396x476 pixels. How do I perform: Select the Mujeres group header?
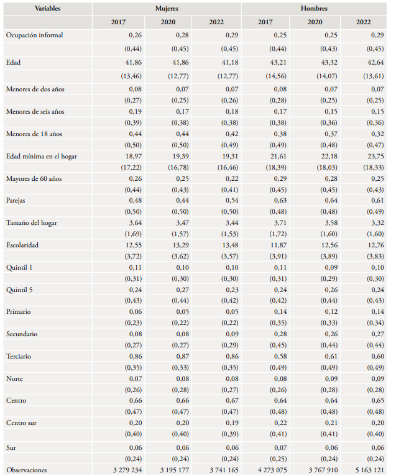point(166,9)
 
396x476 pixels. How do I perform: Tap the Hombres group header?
point(314,9)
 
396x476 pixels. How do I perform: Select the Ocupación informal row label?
point(34,35)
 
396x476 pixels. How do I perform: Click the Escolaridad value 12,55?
point(127,245)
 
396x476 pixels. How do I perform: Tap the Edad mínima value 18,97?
point(127,157)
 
